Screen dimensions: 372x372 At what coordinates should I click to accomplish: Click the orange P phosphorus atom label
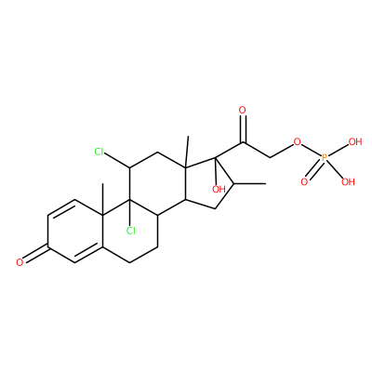point(325,158)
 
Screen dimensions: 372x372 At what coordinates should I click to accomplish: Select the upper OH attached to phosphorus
point(355,142)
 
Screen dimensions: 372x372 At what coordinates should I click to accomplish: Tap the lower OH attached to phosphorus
point(348,181)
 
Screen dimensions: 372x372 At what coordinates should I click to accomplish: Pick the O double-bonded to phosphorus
point(304,181)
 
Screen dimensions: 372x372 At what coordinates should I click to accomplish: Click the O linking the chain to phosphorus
point(297,142)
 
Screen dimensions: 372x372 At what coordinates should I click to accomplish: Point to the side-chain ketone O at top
point(243,110)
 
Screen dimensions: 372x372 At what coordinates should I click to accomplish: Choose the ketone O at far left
point(20,262)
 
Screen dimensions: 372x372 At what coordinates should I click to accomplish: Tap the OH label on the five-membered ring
point(219,189)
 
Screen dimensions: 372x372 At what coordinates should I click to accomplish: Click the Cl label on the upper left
point(100,152)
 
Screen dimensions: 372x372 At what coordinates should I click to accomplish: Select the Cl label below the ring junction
point(130,231)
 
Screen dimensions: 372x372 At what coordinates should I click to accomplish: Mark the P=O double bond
point(314,170)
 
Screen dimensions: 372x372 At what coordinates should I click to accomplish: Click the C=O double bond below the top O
point(243,129)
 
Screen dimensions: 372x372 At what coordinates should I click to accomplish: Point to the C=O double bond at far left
point(35,254)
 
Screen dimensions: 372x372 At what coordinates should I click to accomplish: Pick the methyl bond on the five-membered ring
point(250,184)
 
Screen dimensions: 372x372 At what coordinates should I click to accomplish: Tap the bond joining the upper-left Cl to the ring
point(117,161)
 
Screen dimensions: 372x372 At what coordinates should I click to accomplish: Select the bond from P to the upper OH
point(339,151)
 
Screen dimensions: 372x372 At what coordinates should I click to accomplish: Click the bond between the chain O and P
point(311,150)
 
